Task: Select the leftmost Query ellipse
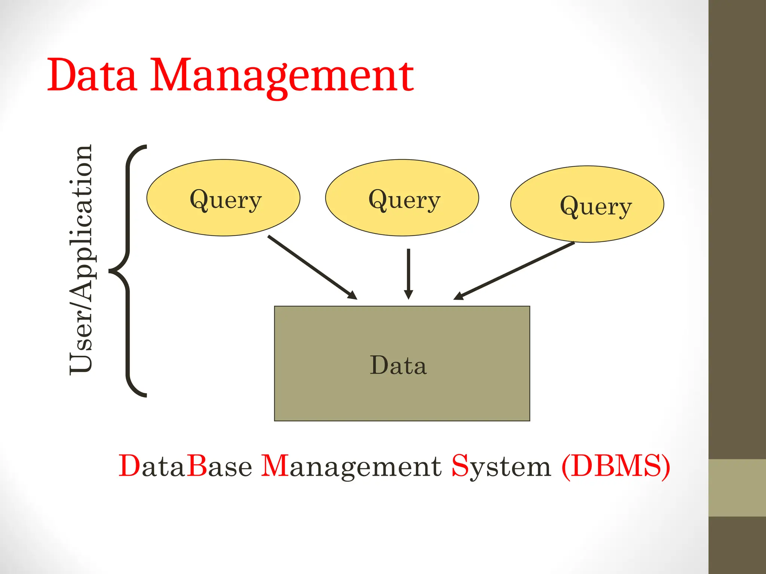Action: [223, 198]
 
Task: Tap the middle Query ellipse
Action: [402, 198]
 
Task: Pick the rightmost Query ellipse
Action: [587, 204]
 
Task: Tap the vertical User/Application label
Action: [81, 259]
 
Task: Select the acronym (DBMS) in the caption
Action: [616, 466]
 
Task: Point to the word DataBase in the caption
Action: [186, 466]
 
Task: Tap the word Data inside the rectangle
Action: [398, 365]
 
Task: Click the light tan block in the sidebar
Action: [737, 488]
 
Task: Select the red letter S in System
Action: [460, 465]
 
